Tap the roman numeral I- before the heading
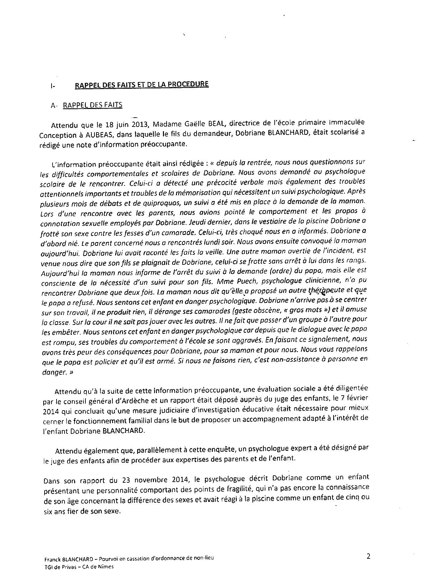tap(53, 86)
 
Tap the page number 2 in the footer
tap(368, 556)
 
